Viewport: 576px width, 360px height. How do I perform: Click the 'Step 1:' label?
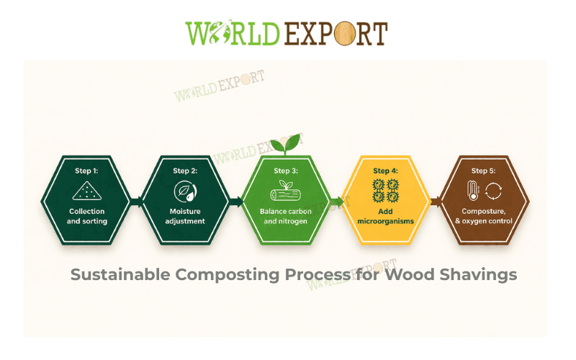(x=86, y=171)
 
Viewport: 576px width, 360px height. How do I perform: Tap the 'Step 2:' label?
(x=186, y=171)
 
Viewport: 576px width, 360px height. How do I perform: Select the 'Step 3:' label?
(x=286, y=171)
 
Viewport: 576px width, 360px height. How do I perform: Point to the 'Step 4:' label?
(x=386, y=171)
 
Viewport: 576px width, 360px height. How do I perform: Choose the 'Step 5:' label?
(x=485, y=171)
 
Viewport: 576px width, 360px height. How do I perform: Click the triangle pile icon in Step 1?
(x=87, y=191)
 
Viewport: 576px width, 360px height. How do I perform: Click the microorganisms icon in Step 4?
(x=386, y=191)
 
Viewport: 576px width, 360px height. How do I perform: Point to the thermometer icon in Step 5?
(x=472, y=191)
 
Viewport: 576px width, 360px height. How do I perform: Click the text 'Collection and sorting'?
(x=87, y=216)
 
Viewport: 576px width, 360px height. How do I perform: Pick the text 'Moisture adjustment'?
(x=186, y=216)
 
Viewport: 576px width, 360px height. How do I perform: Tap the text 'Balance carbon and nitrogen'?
(x=286, y=216)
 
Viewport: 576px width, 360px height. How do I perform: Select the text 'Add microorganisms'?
(x=386, y=216)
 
